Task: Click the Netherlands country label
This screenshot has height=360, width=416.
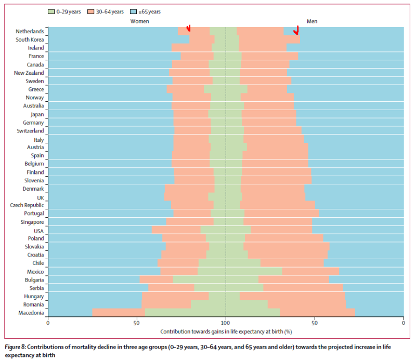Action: coord(30,31)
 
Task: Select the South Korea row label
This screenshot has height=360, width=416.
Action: coord(30,39)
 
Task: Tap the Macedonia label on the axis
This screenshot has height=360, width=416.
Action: coord(31,313)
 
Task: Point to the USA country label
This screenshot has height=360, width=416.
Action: coord(38,231)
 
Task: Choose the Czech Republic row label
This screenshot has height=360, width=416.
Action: coord(27,205)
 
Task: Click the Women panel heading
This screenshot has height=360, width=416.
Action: coord(139,21)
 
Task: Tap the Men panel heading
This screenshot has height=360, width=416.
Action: coord(312,21)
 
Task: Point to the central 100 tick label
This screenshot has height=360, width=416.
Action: coord(226,323)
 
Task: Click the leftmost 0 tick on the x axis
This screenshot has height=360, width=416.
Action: coord(48,323)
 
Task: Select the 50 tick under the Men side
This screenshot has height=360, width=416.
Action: coord(315,323)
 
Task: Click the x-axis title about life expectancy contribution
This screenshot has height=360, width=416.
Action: coord(226,331)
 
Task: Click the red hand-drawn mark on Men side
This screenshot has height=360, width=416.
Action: coord(297,30)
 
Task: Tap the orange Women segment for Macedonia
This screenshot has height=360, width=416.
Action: coord(119,313)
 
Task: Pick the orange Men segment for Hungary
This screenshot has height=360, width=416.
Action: coord(292,296)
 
